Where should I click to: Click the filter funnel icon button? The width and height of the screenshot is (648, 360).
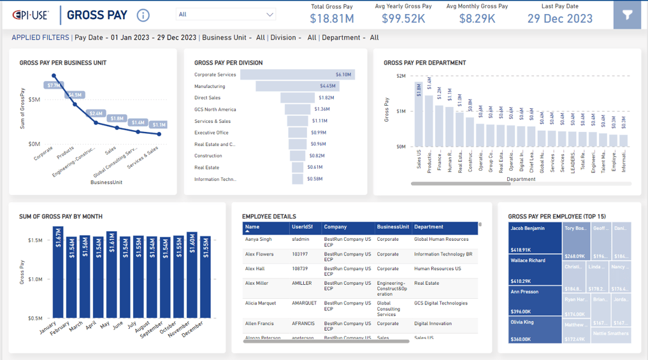pos(627,15)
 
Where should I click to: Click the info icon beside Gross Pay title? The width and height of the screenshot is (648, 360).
pos(143,15)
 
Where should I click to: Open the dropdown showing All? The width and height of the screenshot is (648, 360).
pos(226,14)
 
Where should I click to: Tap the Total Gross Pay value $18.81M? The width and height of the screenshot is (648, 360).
pos(331,18)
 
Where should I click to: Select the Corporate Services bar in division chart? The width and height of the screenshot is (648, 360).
pos(297,75)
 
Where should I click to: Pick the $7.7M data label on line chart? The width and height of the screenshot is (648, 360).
pos(54,85)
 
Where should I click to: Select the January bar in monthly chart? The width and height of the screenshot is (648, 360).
pos(58,274)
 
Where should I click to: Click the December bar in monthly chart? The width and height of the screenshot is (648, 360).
pos(205,277)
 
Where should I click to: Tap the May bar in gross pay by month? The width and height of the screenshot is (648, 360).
pos(112,274)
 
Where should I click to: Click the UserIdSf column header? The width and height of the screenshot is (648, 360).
pos(303,227)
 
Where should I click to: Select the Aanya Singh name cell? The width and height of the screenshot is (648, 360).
pos(259,240)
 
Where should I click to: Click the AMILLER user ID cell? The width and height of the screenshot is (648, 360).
pos(303,284)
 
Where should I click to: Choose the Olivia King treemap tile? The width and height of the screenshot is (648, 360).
pos(535,330)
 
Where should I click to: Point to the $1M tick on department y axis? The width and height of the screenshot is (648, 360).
pos(401,112)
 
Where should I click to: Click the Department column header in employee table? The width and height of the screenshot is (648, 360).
pos(428,227)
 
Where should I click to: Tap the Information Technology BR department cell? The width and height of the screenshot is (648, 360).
pos(443,254)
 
